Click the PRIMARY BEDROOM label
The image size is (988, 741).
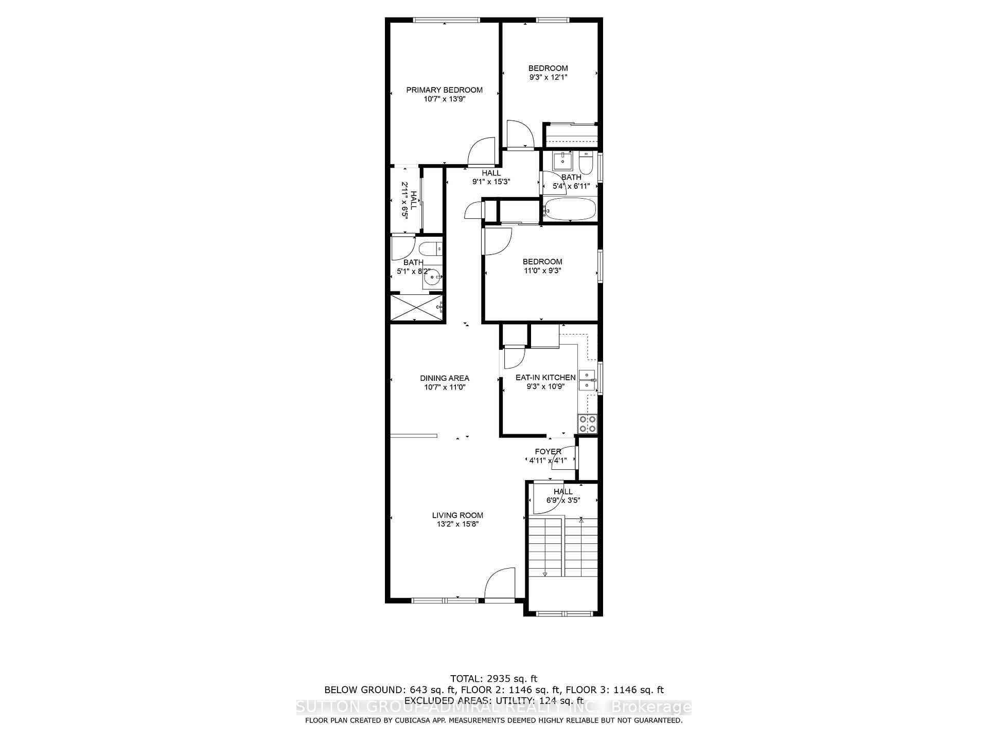pyautogui.click(x=444, y=90)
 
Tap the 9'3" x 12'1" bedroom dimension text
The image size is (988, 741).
pyautogui.click(x=548, y=77)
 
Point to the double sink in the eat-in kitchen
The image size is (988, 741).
pyautogui.click(x=587, y=380)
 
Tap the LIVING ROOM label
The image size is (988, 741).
pyautogui.click(x=457, y=515)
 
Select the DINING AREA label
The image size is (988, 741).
pyautogui.click(x=444, y=378)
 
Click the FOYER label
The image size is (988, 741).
pyautogui.click(x=548, y=452)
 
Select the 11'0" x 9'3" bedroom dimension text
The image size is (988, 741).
pyautogui.click(x=542, y=270)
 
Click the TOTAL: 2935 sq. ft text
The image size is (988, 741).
pyautogui.click(x=493, y=679)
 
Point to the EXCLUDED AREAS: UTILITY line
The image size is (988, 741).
pyautogui.click(x=493, y=700)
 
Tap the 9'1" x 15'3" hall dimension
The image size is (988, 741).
pyautogui.click(x=491, y=181)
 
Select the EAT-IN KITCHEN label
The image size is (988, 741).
pyautogui.click(x=545, y=378)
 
